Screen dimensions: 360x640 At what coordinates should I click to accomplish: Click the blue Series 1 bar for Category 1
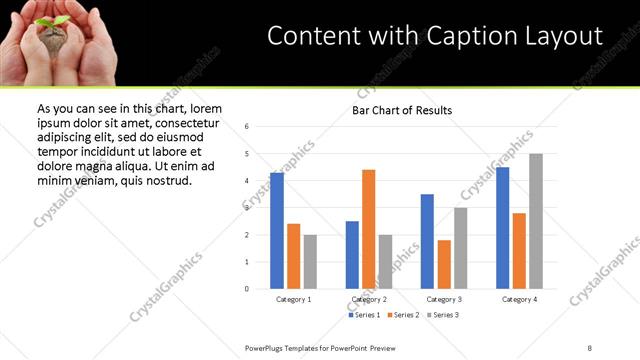pyautogui.click(x=277, y=230)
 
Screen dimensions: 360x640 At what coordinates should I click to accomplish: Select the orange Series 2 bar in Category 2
pyautogui.click(x=368, y=228)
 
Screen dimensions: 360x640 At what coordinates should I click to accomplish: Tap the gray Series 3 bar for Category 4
pyautogui.click(x=536, y=221)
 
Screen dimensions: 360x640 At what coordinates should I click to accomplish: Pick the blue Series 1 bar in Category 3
pyautogui.click(x=427, y=241)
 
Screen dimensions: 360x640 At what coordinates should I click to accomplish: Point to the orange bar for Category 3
pyautogui.click(x=444, y=264)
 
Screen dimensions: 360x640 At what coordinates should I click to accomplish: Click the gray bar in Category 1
pyautogui.click(x=310, y=261)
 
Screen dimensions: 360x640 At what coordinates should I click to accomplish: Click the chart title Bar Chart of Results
pyautogui.click(x=401, y=110)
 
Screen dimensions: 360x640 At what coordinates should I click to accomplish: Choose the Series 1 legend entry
pyautogui.click(x=363, y=315)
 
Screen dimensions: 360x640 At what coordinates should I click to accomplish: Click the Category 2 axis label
pyautogui.click(x=368, y=299)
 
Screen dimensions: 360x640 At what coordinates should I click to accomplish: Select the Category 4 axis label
pyautogui.click(x=519, y=299)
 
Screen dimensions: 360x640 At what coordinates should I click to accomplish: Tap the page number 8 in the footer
pyautogui.click(x=589, y=346)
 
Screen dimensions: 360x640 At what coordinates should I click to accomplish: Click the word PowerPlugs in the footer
pyautogui.click(x=266, y=346)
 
